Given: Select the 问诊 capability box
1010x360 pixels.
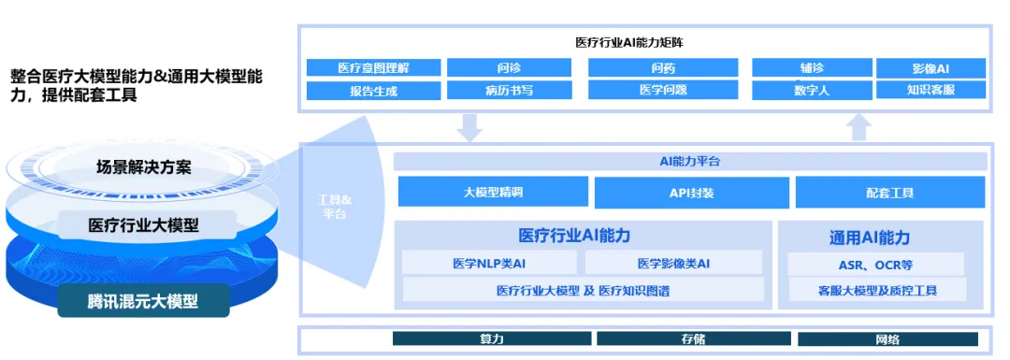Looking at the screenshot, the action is click(x=510, y=68).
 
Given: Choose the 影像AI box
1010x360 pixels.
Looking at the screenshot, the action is click(x=931, y=68).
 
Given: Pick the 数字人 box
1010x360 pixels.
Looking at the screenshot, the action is click(x=812, y=91).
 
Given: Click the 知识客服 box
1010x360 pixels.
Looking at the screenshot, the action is click(x=931, y=91).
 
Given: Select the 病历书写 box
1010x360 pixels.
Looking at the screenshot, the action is click(x=510, y=91).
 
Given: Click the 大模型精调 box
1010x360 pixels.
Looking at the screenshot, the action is click(x=493, y=193).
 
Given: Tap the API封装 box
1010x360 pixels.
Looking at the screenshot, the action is click(x=691, y=193).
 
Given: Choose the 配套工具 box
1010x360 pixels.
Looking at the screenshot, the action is click(x=889, y=193).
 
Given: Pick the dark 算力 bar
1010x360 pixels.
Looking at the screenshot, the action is click(x=492, y=339).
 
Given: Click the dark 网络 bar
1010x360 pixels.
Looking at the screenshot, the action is click(x=887, y=339).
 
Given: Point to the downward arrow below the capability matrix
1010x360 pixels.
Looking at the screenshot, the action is click(x=469, y=126).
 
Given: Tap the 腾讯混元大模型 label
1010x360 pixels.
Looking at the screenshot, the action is click(x=143, y=301).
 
